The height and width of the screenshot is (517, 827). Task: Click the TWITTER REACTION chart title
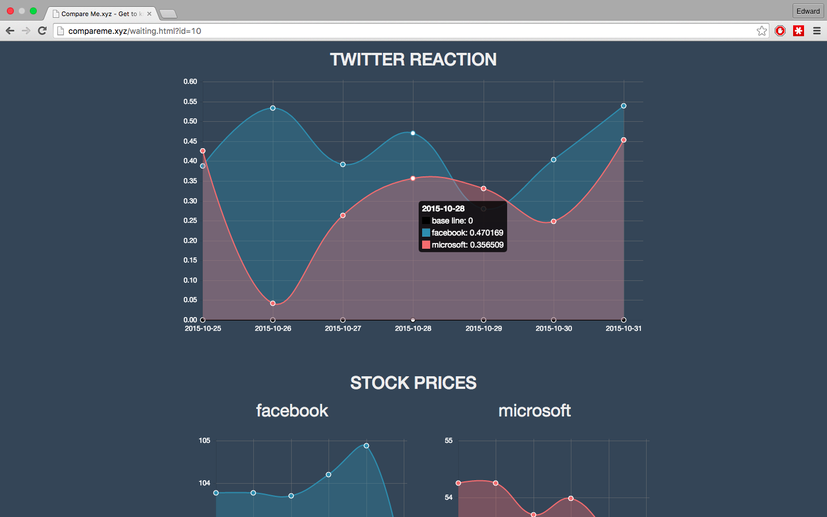(413, 60)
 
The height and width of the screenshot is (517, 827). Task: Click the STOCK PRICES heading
(413, 383)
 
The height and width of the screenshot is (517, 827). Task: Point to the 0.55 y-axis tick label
(190, 102)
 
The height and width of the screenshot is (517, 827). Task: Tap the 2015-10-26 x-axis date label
(273, 329)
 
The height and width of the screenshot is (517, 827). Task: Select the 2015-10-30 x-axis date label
(554, 329)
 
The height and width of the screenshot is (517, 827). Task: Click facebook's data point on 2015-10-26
(273, 108)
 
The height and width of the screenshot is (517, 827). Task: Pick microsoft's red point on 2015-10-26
(273, 303)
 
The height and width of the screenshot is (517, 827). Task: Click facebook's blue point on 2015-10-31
(624, 106)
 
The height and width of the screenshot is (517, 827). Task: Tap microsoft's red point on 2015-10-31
(624, 140)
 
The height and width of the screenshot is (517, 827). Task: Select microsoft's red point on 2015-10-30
(554, 222)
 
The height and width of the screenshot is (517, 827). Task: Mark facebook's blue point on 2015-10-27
(343, 165)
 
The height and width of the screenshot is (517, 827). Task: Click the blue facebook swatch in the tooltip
(426, 233)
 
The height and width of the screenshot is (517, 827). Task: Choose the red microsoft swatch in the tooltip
(426, 245)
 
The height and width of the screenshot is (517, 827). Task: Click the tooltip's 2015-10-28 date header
(443, 209)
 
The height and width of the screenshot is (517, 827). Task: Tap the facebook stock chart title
(292, 411)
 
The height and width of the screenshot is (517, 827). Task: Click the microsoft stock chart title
(534, 411)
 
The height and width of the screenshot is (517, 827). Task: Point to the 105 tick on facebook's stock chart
(204, 441)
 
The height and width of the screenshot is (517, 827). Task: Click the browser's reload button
(42, 31)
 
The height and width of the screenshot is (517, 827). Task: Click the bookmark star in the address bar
(762, 31)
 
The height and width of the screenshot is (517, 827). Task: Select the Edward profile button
(808, 11)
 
